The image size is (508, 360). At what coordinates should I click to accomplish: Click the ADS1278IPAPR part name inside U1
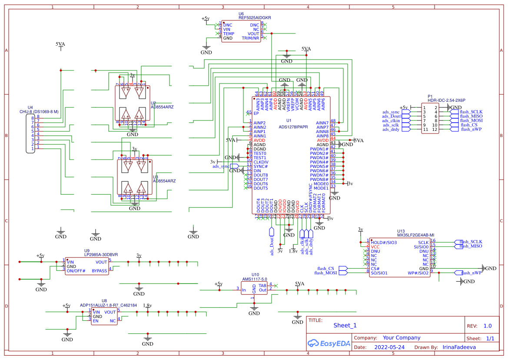[x=293, y=127]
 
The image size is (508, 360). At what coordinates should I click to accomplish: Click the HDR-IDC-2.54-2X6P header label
[x=446, y=100]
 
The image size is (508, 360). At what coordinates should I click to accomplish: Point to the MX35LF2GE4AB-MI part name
[x=415, y=235]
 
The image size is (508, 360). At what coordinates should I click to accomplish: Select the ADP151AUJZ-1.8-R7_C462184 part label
[x=108, y=305]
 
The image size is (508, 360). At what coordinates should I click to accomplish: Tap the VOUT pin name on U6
[x=253, y=34]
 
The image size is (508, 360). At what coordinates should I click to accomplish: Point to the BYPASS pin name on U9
[x=100, y=271]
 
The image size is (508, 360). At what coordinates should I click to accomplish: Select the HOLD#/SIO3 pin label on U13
[x=384, y=242]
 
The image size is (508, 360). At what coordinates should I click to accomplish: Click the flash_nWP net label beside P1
[x=471, y=129]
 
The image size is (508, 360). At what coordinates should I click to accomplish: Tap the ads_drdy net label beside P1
[x=391, y=129]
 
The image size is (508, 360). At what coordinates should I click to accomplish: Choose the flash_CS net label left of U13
[x=325, y=269]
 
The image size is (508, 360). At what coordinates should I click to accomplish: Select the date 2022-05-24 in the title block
[x=389, y=347]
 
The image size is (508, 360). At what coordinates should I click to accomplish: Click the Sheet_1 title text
[x=345, y=325]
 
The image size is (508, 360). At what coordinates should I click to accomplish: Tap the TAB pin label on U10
[x=262, y=285]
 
